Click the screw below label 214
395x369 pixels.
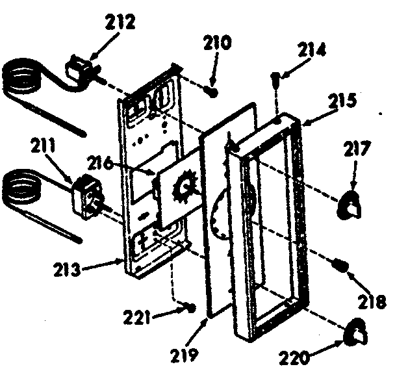[277, 80]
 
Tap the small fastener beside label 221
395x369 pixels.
[190, 306]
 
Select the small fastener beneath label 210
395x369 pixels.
[211, 91]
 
